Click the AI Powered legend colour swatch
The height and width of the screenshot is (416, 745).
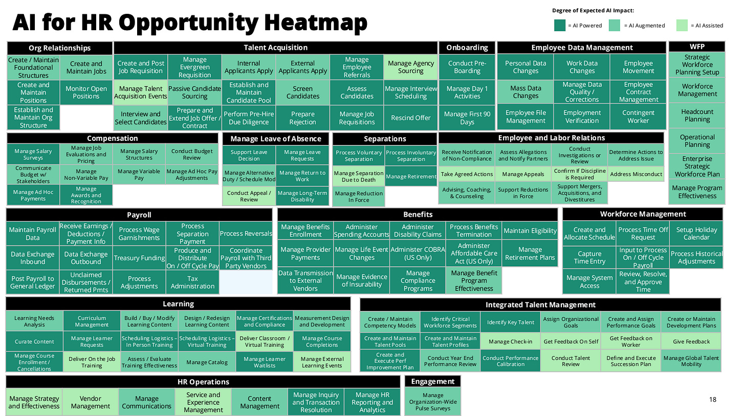(x=559, y=25)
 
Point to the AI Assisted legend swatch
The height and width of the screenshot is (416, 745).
(x=682, y=25)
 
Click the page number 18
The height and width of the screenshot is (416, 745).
(x=713, y=399)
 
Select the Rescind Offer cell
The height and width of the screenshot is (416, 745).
(x=410, y=118)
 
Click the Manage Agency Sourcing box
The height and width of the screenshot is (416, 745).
(x=410, y=67)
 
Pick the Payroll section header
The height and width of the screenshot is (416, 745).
(x=139, y=215)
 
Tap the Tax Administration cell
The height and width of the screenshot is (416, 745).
(x=192, y=282)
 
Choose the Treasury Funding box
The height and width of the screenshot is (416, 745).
(x=139, y=258)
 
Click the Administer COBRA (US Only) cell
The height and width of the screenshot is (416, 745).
(x=418, y=254)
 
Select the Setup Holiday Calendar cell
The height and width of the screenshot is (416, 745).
(x=696, y=234)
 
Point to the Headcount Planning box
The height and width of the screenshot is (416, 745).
(x=697, y=115)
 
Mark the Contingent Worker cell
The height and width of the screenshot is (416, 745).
(x=638, y=116)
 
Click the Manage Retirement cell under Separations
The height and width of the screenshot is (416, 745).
(x=410, y=176)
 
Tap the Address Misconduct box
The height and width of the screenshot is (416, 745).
(x=636, y=174)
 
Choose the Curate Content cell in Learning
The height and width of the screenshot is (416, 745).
(x=34, y=341)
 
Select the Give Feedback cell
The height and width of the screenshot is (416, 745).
(x=691, y=341)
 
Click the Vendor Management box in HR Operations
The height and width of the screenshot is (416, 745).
(x=91, y=402)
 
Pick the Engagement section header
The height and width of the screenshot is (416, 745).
(x=432, y=381)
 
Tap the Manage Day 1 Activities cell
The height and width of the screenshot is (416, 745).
(x=467, y=92)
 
